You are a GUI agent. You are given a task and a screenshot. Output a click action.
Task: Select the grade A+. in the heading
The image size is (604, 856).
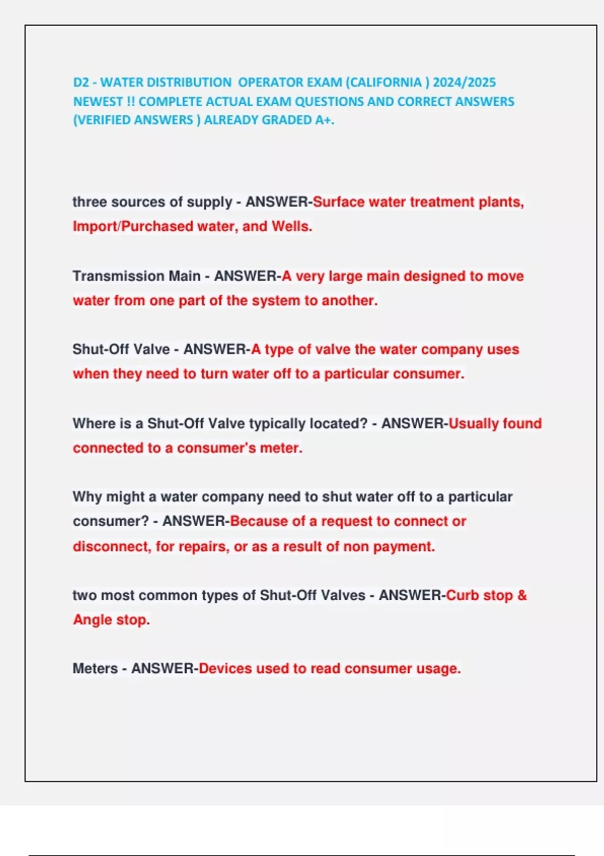coord(325,120)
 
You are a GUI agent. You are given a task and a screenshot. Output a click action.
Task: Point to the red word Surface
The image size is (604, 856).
coord(338,202)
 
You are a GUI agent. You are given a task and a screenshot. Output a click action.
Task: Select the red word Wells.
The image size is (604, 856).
coord(292,227)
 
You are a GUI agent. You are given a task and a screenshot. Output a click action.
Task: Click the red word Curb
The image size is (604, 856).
coord(462,595)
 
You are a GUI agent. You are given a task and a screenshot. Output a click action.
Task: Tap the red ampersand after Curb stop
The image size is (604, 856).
coord(522,595)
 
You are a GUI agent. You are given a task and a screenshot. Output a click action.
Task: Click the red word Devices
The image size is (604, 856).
coord(225,669)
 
